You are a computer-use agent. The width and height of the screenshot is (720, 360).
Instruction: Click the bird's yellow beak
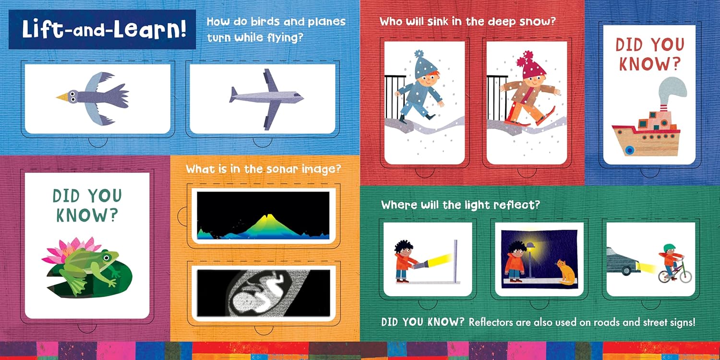[62, 96]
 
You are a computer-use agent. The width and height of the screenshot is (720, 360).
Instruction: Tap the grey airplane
[266, 99]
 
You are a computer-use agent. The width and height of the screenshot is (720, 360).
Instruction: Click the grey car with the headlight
[622, 262]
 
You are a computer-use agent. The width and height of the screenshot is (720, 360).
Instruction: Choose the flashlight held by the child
[420, 265]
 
